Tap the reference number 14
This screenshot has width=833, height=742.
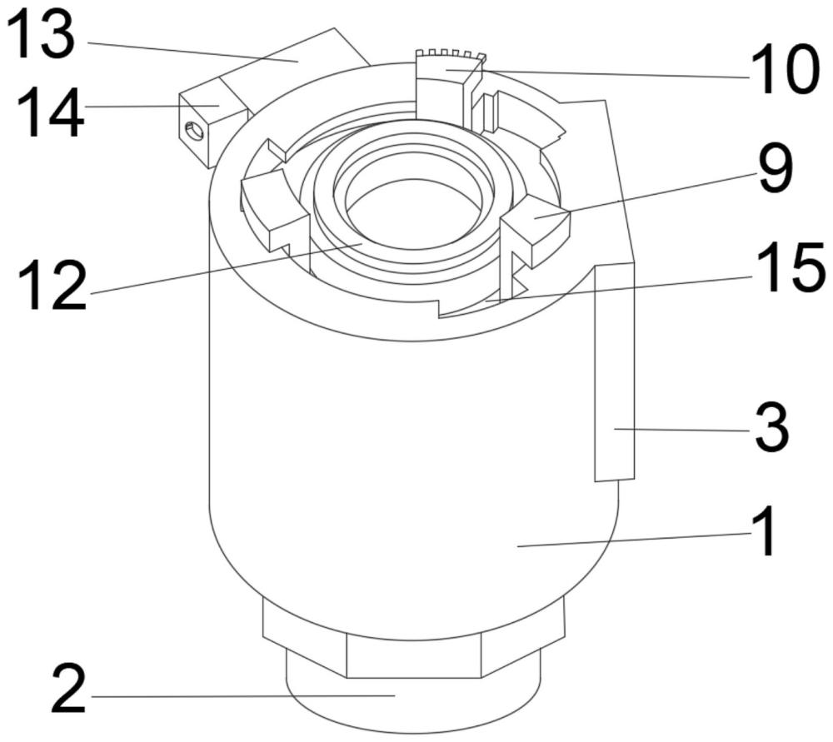[51, 112]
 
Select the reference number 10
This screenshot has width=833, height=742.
[784, 70]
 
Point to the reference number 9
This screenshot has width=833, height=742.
[776, 168]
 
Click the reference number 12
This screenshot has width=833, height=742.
[52, 286]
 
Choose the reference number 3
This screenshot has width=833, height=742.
[772, 428]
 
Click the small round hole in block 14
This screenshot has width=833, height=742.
[194, 131]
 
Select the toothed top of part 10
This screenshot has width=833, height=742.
[451, 55]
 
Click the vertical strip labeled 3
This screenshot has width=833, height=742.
[615, 371]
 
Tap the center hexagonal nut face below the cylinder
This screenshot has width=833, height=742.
[413, 655]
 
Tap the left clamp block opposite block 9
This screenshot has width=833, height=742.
[274, 212]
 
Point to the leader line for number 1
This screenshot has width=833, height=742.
[634, 539]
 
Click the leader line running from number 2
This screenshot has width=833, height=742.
[244, 696]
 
